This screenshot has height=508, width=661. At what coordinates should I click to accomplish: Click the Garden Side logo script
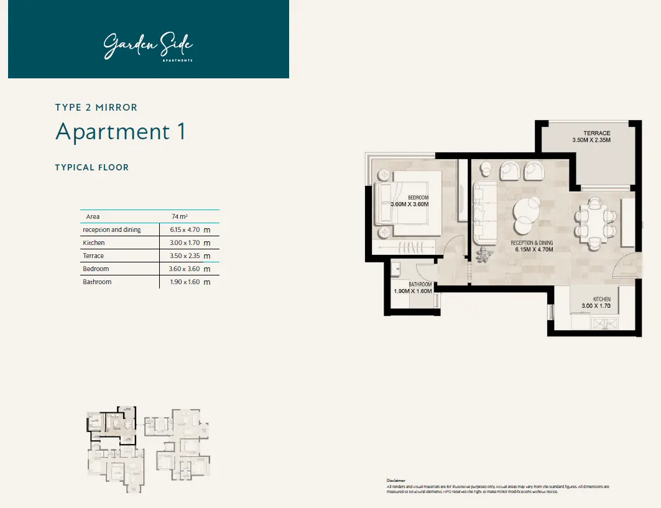point(148,47)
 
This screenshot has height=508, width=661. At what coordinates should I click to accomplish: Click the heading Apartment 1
point(121,132)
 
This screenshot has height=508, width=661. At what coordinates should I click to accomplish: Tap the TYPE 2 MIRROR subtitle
point(96,108)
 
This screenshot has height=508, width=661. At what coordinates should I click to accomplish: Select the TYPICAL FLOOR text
point(92,167)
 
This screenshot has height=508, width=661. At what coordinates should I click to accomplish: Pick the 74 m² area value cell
point(180,216)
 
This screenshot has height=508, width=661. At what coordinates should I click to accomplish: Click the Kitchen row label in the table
point(94,242)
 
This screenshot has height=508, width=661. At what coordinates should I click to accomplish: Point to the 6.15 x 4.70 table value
point(185,229)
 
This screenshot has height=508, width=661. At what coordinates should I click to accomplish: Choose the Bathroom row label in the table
point(97,282)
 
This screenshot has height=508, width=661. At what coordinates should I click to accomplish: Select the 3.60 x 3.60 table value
point(185,269)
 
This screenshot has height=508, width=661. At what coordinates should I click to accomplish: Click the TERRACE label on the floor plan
point(596,133)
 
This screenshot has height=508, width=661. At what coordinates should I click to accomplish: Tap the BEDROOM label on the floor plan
point(418,198)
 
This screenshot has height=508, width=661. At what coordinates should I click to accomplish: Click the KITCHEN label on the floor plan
point(601,299)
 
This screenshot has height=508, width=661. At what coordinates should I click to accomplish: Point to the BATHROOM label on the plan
point(420,285)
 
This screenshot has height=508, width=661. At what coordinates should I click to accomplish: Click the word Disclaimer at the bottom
point(396,481)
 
